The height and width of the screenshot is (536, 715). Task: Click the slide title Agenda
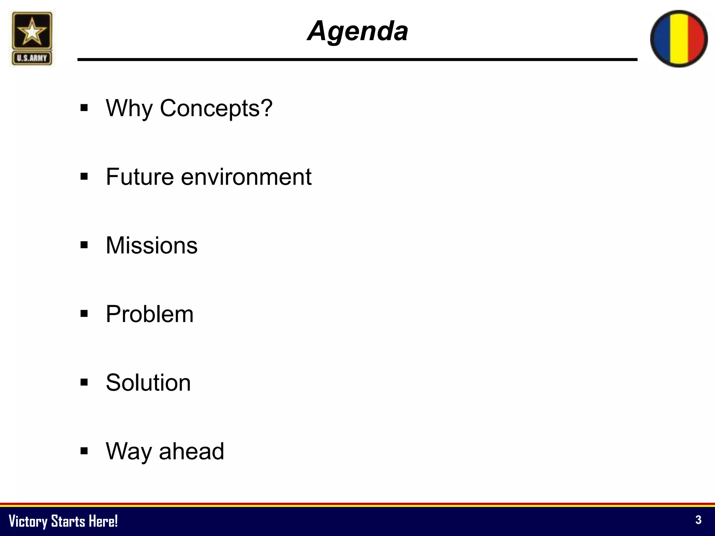pos(357,31)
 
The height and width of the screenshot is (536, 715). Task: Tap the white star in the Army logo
pos(32,32)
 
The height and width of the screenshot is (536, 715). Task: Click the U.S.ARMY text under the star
pos(32,58)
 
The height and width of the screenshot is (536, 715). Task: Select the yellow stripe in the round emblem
pos(679,38)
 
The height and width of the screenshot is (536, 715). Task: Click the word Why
pos(129,108)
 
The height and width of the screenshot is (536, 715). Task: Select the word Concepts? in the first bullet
pos(216,108)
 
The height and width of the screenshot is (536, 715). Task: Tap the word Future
pos(140,177)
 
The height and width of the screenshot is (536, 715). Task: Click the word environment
pos(246,177)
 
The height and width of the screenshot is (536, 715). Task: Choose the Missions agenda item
pos(152,245)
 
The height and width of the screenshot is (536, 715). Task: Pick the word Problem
pos(149,314)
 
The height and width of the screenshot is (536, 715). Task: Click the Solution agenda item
pos(148,383)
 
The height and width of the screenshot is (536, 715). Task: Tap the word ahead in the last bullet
pos(191,452)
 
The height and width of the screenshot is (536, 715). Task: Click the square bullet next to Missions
pos(84,245)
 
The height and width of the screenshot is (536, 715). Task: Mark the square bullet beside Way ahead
pos(84,451)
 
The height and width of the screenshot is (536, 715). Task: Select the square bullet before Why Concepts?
pos(84,107)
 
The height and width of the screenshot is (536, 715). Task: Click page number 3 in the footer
pos(698,520)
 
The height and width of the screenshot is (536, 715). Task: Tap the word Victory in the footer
pos(28,521)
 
